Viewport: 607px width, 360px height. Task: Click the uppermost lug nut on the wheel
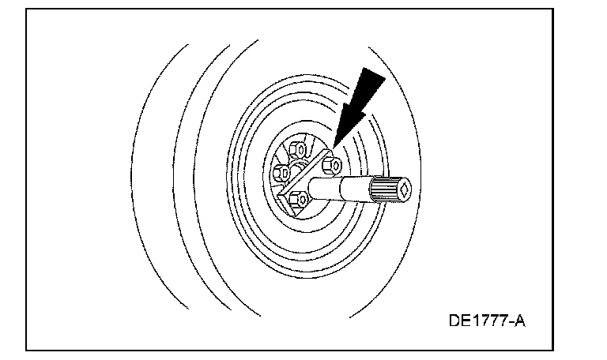tap(300, 148)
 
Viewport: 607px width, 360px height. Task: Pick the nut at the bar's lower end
tap(298, 201)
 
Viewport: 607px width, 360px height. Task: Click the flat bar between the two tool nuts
tap(315, 182)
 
